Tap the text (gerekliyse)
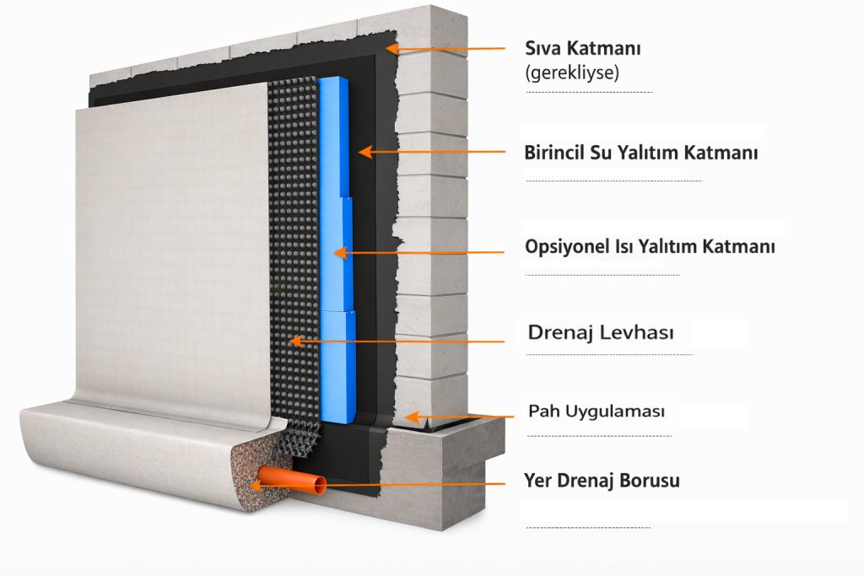pyautogui.click(x=572, y=73)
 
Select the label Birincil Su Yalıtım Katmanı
pyautogui.click(x=641, y=153)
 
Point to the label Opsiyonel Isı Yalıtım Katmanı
pyautogui.click(x=650, y=247)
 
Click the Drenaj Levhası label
pyautogui.click(x=601, y=332)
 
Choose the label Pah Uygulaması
pyautogui.click(x=597, y=412)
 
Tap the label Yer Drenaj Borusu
pyautogui.click(x=602, y=482)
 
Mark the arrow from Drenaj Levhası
pyautogui.click(x=397, y=342)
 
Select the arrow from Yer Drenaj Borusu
pyautogui.click(x=413, y=485)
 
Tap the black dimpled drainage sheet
pyautogui.click(x=291, y=253)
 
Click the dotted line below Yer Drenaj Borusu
pyautogui.click(x=588, y=528)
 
